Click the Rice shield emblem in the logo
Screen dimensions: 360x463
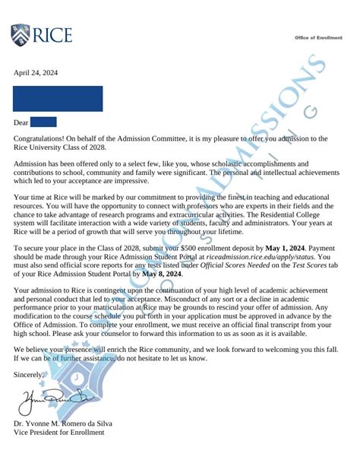coord(19,36)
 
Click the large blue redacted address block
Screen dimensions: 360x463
coord(58,99)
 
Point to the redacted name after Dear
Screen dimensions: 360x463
coord(44,122)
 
